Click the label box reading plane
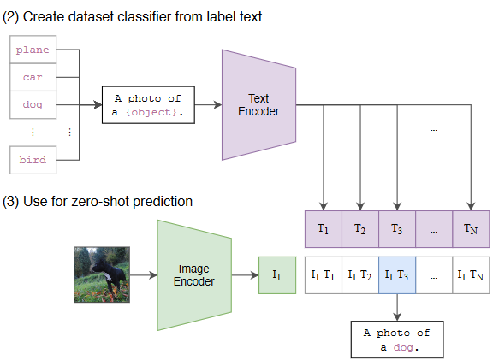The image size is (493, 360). click(x=33, y=50)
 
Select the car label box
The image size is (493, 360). click(x=33, y=77)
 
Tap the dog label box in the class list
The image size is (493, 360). click(x=33, y=105)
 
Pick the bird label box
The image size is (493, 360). click(x=33, y=160)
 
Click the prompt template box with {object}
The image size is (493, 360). click(x=148, y=105)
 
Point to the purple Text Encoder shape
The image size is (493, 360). click(x=258, y=105)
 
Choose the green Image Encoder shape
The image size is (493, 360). click(x=194, y=275)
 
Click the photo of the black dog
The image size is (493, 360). click(x=102, y=274)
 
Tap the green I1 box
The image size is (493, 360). click(x=277, y=275)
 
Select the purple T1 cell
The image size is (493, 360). click(x=324, y=229)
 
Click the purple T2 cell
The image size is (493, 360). click(x=360, y=229)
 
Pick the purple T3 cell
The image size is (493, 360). click(x=397, y=229)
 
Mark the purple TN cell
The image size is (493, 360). click(x=471, y=229)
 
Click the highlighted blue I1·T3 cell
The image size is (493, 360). click(x=397, y=275)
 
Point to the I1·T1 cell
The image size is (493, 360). click(x=324, y=275)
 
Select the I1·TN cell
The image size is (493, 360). click(x=471, y=275)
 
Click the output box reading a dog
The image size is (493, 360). click(x=397, y=339)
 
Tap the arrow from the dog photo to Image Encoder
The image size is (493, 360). click(x=144, y=275)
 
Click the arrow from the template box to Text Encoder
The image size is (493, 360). click(x=208, y=105)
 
